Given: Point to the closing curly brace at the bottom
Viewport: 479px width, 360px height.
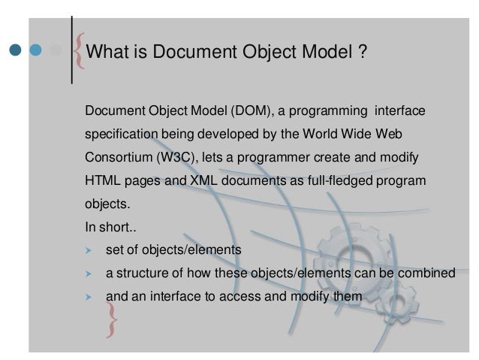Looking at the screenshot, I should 113,316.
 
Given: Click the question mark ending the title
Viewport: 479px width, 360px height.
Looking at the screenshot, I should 362,53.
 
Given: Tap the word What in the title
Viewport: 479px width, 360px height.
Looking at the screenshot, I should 107,53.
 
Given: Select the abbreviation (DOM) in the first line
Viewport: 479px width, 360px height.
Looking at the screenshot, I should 250,112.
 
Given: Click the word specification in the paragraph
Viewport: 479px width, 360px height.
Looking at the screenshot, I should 120,135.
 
